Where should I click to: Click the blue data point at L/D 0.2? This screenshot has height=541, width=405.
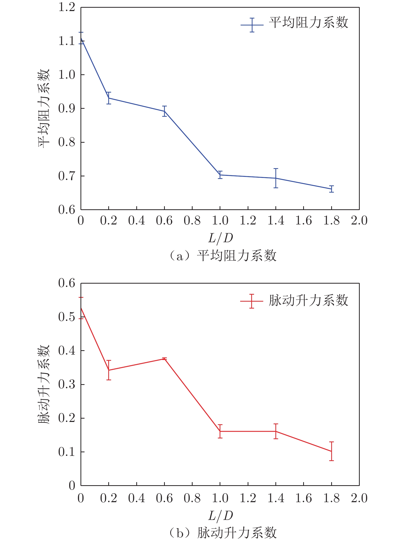[x=109, y=98]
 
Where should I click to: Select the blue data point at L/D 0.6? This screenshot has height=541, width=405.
[x=164, y=111]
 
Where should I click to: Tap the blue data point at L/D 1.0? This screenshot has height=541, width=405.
[x=220, y=175]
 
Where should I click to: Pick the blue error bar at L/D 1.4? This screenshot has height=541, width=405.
[x=276, y=178]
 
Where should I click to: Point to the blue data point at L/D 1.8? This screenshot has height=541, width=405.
[x=331, y=189]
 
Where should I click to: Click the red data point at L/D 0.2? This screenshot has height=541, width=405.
[x=109, y=370]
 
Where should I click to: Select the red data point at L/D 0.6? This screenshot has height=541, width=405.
[x=164, y=359]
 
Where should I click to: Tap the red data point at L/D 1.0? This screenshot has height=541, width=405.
[x=220, y=431]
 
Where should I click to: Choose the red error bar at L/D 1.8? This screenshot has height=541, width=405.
[x=331, y=451]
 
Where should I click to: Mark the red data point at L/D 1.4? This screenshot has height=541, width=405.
[x=276, y=431]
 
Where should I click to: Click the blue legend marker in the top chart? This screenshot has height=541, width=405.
[x=252, y=25]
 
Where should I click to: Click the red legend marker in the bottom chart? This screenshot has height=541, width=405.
[x=252, y=301]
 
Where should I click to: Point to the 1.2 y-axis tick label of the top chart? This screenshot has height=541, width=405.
[x=67, y=7]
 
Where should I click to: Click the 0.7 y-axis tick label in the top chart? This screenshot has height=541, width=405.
[x=67, y=176]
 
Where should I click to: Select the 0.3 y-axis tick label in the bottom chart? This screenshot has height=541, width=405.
[x=67, y=384]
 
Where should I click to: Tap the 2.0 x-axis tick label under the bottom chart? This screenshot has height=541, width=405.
[x=359, y=498]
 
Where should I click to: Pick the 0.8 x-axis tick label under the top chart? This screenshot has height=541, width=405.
[x=192, y=221]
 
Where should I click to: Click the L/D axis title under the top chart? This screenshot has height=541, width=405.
[x=220, y=238]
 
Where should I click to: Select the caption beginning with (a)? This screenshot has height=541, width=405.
[x=223, y=256]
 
